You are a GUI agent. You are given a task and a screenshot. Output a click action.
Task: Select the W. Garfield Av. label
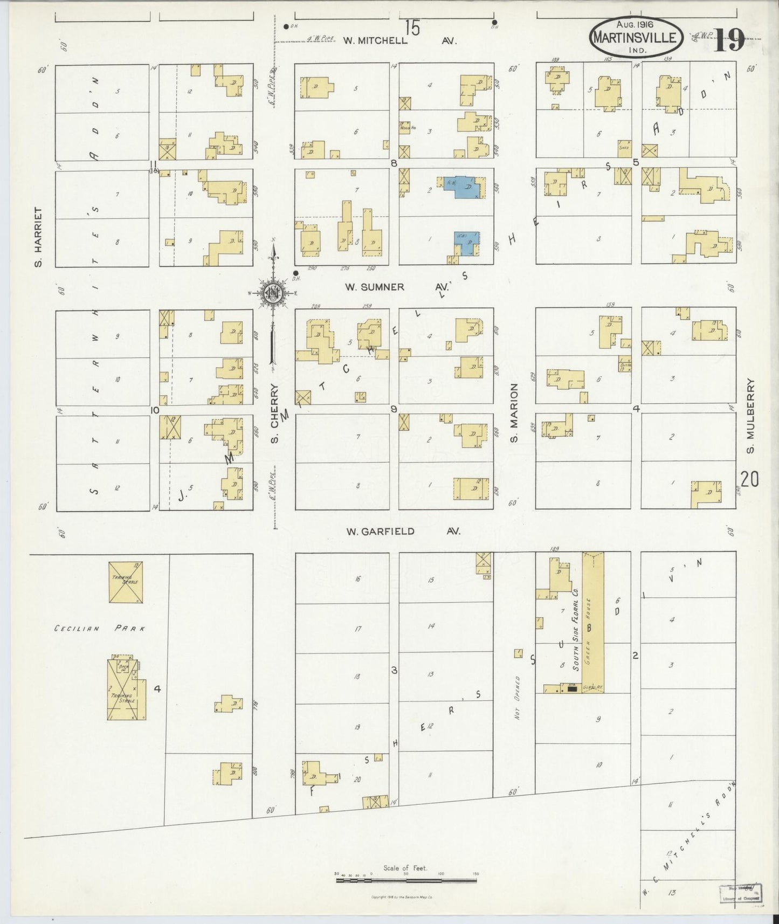click(x=402, y=532)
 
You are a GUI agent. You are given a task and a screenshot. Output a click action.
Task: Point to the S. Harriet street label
click(x=38, y=237)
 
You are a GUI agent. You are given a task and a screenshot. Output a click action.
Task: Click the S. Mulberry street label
click(x=750, y=416)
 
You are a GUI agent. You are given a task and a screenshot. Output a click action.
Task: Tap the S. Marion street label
click(x=514, y=413)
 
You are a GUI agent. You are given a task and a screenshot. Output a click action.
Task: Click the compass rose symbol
click(x=273, y=293)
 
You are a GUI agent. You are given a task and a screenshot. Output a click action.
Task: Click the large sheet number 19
click(x=729, y=40)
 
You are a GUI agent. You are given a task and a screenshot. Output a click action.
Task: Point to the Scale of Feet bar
click(x=406, y=880)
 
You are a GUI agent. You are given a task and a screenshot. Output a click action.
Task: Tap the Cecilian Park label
click(x=100, y=629)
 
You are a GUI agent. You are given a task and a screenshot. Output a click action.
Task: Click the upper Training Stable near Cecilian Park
click(x=126, y=582)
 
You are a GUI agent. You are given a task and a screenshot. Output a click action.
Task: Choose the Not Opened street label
click(x=517, y=698)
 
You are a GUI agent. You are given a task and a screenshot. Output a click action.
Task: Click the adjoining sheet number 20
click(x=749, y=479)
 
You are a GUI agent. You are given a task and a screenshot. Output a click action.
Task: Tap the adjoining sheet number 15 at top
click(x=413, y=26)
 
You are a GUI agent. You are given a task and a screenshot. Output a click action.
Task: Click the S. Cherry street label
click(x=274, y=413)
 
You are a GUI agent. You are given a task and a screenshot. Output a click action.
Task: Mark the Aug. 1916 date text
click(x=635, y=25)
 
